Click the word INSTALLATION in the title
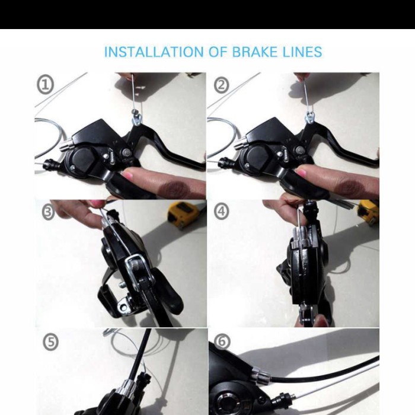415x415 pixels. click(154, 52)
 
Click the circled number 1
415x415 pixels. click(45, 85)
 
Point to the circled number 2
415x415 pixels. click(221, 85)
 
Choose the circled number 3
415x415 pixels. click(48, 212)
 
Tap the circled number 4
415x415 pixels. click(221, 212)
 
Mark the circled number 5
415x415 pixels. click(50, 343)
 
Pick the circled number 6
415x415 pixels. click(222, 341)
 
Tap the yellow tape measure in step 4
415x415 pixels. click(368, 210)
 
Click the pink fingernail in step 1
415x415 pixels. click(127, 175)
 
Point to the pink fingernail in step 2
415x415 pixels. click(301, 173)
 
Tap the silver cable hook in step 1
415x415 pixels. click(137, 117)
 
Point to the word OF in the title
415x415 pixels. click(218, 52)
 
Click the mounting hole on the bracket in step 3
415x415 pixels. click(123, 307)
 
